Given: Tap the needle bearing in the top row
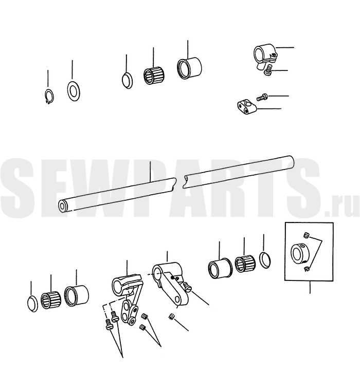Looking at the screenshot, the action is coord(153,76).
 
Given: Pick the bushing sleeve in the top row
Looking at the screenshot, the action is coord(189,68).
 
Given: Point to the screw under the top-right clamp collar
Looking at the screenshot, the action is coord(269,70).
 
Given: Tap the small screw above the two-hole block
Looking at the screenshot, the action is coord(262,97).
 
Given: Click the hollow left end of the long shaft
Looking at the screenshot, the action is coord(62,206).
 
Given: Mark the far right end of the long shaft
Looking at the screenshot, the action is coord(292,162).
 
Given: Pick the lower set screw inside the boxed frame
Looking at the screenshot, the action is coord(305,269).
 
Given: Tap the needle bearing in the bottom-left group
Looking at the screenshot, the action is coord(50,300).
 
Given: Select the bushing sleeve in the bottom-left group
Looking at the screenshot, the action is coord(76,296).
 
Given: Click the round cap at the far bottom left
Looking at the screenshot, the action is coord(33,304).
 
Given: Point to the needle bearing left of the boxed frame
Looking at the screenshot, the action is coord(245,264).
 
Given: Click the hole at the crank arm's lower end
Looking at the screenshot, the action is coord(177,299).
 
